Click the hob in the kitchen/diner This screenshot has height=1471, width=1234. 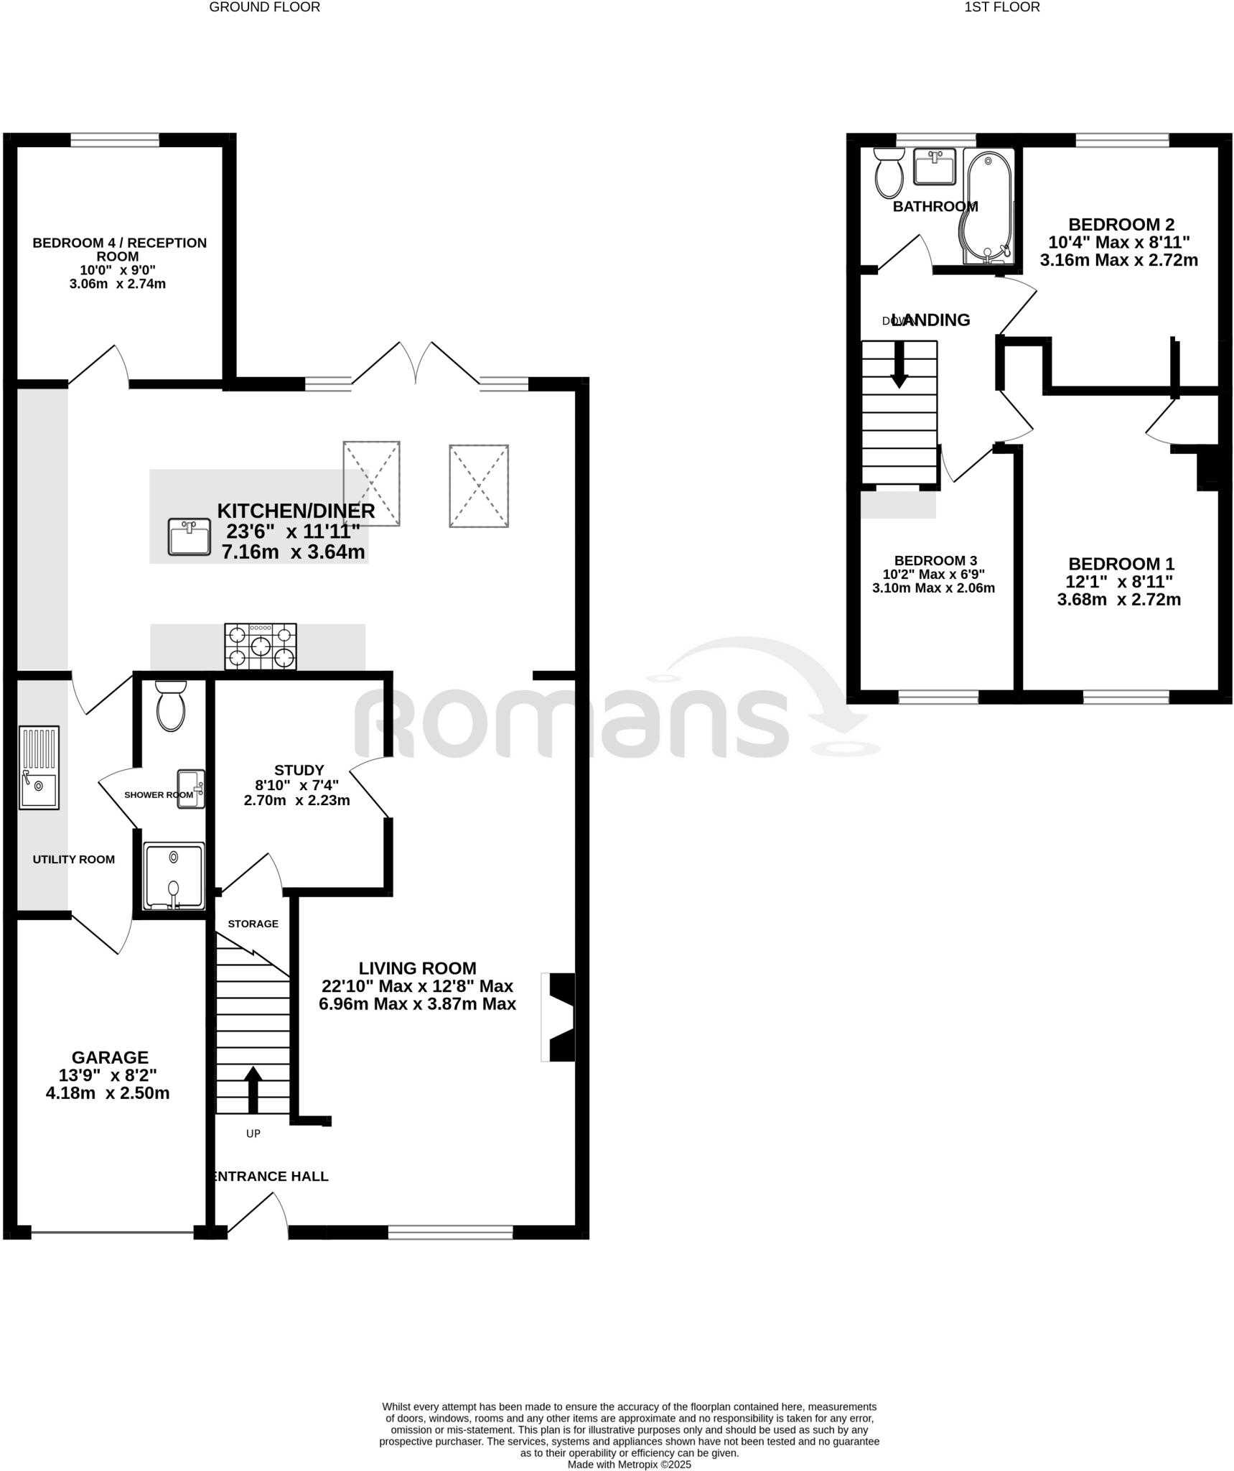(x=261, y=646)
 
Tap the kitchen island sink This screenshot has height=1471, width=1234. (x=190, y=537)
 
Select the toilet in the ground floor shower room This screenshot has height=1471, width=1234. (x=171, y=707)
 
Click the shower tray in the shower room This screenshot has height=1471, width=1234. (x=174, y=876)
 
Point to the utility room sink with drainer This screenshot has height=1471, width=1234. (x=39, y=767)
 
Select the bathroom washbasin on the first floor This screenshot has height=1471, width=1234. (x=935, y=167)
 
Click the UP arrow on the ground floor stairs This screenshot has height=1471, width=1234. (x=253, y=1089)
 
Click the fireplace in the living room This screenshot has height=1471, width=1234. (x=559, y=1017)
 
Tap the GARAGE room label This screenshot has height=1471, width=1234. (x=110, y=1057)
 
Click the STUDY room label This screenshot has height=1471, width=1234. (x=299, y=770)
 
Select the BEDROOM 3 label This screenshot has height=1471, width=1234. (x=935, y=561)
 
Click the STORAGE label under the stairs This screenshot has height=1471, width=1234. (x=253, y=924)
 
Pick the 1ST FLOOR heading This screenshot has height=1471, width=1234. (x=1001, y=7)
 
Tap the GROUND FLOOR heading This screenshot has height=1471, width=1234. (x=265, y=7)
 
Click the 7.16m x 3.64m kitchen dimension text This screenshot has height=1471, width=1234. (x=293, y=552)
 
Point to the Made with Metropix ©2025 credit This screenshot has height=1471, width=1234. (x=629, y=1464)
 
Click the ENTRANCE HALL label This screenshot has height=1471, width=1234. (x=271, y=1176)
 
